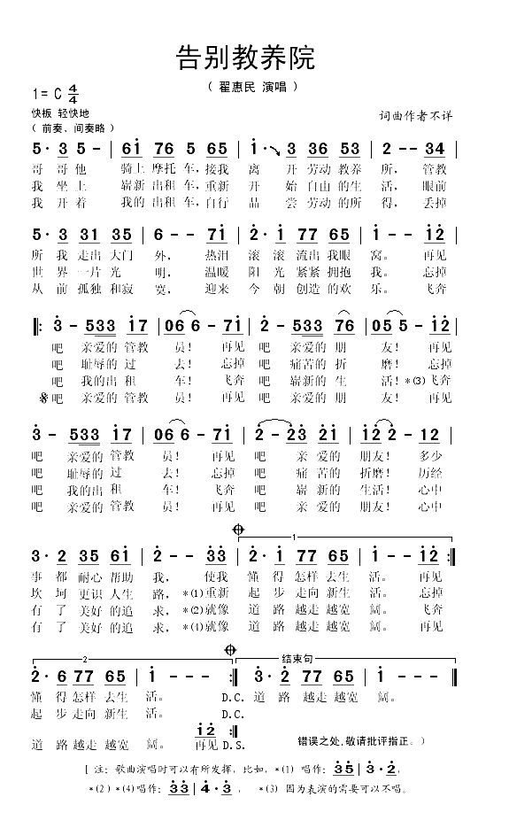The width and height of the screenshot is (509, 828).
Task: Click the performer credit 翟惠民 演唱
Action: pyautogui.click(x=251, y=88)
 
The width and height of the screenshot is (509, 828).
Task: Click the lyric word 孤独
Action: pyautogui.click(x=102, y=289)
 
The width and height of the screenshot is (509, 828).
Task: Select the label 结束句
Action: pyautogui.click(x=294, y=660)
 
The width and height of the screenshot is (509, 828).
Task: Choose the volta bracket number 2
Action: pyautogui.click(x=85, y=660)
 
